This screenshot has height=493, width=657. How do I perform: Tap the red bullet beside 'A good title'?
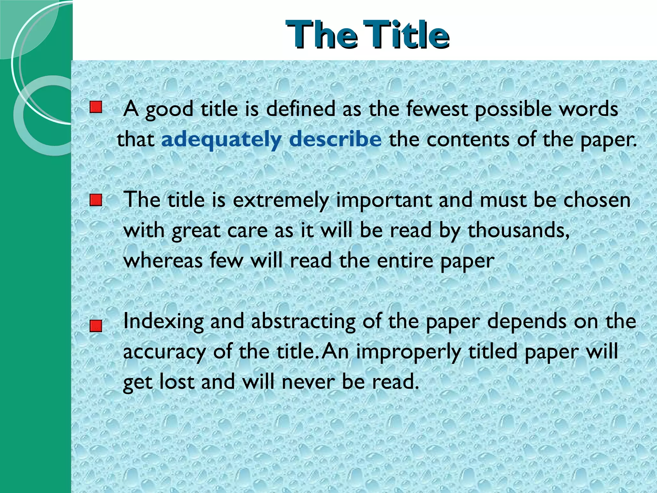click(x=96, y=107)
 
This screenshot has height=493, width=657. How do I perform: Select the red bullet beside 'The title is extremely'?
click(x=96, y=200)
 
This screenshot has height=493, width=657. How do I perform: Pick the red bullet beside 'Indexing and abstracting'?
click(x=96, y=326)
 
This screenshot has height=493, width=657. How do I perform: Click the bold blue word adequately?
click(x=221, y=140)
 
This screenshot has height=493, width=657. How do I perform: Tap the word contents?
click(x=468, y=140)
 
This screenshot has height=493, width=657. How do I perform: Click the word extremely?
click(x=281, y=201)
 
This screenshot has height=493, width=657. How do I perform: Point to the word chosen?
click(x=597, y=200)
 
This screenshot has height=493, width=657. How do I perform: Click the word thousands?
click(x=518, y=230)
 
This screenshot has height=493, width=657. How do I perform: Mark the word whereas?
click(x=163, y=260)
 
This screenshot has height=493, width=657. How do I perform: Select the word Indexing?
click(x=163, y=322)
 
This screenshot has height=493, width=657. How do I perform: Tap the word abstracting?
click(x=303, y=322)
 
